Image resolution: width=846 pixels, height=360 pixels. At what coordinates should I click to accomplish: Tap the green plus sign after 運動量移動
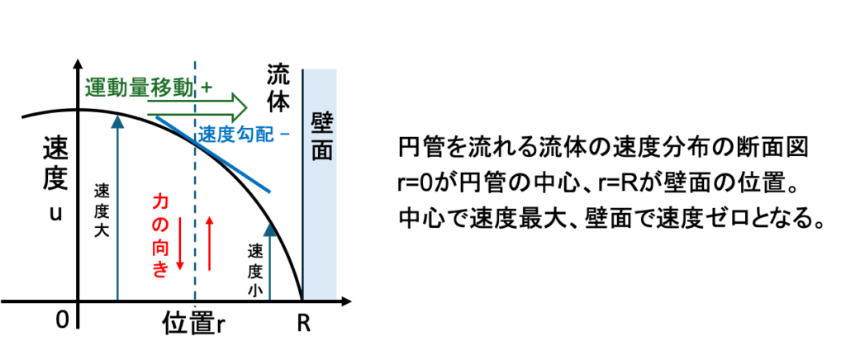(207, 87)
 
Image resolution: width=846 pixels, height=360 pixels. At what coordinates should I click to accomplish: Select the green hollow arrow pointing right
(198, 107)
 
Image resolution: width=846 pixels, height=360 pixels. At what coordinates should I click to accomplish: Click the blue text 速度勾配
(235, 135)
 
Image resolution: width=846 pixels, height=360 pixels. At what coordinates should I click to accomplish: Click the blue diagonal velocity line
(213, 154)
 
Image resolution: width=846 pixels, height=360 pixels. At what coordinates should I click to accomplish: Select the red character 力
(160, 201)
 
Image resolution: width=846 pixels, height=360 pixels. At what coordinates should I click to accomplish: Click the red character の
(160, 224)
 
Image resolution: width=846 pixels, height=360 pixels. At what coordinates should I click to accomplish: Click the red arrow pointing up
(209, 244)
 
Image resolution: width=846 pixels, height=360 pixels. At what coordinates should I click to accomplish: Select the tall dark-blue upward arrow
(117, 206)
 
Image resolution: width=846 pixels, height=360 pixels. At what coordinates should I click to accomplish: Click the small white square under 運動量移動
(142, 107)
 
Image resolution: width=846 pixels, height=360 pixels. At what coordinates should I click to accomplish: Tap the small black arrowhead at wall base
(347, 301)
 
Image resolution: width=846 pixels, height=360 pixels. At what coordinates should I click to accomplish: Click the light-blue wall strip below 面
(321, 231)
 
